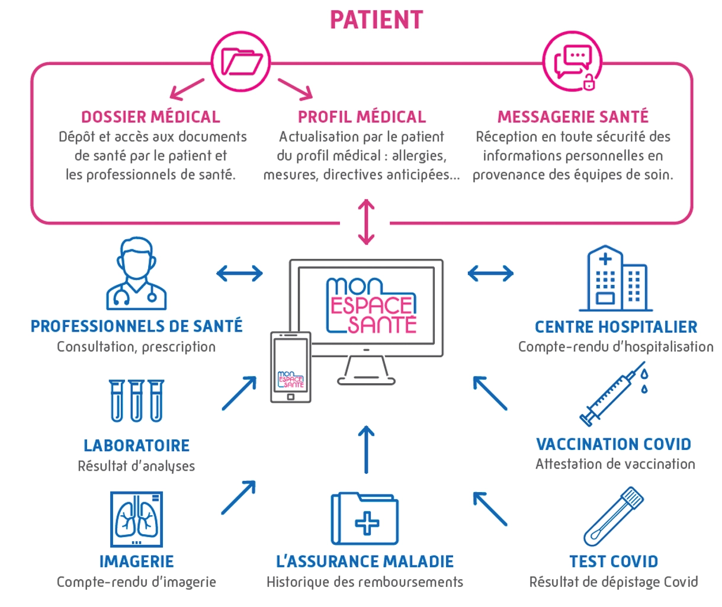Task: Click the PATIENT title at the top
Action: click(x=376, y=20)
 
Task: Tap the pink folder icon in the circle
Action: click(x=241, y=62)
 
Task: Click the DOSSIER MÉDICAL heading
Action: click(x=150, y=117)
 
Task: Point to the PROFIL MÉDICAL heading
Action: click(x=361, y=117)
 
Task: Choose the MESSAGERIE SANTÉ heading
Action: click(x=573, y=117)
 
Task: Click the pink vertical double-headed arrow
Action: click(x=367, y=222)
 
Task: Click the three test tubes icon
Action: click(x=136, y=401)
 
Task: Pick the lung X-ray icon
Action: click(x=136, y=519)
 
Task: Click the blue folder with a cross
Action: click(x=365, y=519)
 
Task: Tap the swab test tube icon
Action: click(x=614, y=516)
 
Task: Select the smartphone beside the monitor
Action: click(x=290, y=367)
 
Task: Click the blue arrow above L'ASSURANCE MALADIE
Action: click(x=367, y=449)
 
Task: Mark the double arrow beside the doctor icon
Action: click(x=239, y=273)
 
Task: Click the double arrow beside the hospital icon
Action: click(x=490, y=273)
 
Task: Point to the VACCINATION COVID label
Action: click(x=614, y=444)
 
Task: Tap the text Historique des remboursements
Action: click(x=365, y=582)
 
